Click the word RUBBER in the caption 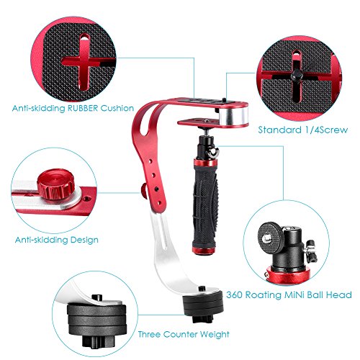[x=83, y=108]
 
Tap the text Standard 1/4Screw [x=303, y=130]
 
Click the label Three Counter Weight [x=184, y=334]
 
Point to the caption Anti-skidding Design [x=57, y=240]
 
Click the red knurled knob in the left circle [x=55, y=184]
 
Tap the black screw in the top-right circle [x=297, y=75]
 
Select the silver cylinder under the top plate [x=233, y=117]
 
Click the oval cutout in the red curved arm [x=144, y=120]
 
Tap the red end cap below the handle [x=204, y=251]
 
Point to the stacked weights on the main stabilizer [x=203, y=305]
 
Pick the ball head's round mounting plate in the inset [x=271, y=238]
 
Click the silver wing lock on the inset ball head [x=311, y=251]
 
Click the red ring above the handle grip [x=205, y=163]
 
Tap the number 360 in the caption [x=235, y=294]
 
